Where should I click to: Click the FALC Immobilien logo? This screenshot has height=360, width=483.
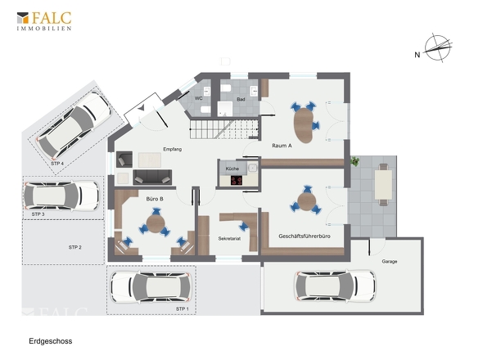43,21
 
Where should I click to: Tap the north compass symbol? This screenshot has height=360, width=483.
437,47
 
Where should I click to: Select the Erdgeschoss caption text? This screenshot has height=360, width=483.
51,341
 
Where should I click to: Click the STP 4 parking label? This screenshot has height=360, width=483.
57,164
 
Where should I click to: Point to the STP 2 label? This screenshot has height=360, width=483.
74,247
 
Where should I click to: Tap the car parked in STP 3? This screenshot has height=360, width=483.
61,196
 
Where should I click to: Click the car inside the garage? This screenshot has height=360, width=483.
335,286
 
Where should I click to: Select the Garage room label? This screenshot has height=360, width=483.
390,262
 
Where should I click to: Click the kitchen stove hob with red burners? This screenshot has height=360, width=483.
237,181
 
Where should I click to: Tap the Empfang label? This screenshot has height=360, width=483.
172,149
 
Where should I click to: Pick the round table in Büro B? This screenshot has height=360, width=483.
156,223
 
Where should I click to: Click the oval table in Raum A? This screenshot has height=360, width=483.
304,125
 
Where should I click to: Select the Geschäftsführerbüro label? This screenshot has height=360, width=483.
305,236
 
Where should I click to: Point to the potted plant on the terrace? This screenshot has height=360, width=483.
354,161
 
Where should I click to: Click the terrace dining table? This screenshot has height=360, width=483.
383,185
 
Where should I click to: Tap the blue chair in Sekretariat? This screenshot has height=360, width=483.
244,227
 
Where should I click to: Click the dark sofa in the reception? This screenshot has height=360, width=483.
152,177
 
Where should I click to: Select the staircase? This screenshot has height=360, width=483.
223,129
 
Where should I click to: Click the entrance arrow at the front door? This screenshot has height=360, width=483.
141,108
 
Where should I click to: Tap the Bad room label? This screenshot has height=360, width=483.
241,99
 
